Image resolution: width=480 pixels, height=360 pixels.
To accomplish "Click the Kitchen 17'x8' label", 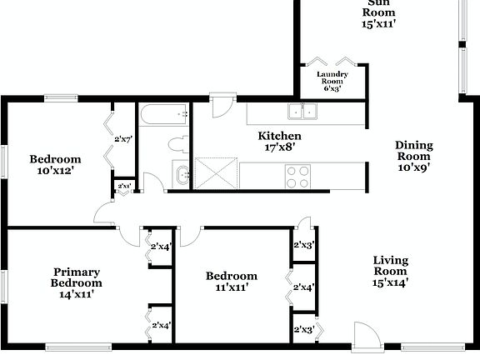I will (279, 141).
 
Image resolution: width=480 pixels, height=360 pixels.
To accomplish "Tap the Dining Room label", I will (412, 155).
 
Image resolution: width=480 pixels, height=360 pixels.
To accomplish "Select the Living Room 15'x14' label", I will (390, 271).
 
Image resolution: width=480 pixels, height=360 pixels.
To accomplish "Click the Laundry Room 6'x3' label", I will (332, 81).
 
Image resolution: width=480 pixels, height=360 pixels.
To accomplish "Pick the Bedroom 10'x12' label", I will (55, 165).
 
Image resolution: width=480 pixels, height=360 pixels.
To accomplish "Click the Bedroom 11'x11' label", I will (232, 282).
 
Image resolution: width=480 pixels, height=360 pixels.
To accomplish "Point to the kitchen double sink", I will (302, 112).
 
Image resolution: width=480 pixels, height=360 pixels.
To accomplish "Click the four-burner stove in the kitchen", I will (298, 176).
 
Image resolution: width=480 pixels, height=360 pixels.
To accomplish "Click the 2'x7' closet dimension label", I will (125, 140).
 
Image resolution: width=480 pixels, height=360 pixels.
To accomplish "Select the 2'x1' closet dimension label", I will (123, 186).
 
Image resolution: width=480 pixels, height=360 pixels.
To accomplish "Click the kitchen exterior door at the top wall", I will (222, 107).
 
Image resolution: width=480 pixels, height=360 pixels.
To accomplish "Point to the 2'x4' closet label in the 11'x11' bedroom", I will (303, 287).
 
